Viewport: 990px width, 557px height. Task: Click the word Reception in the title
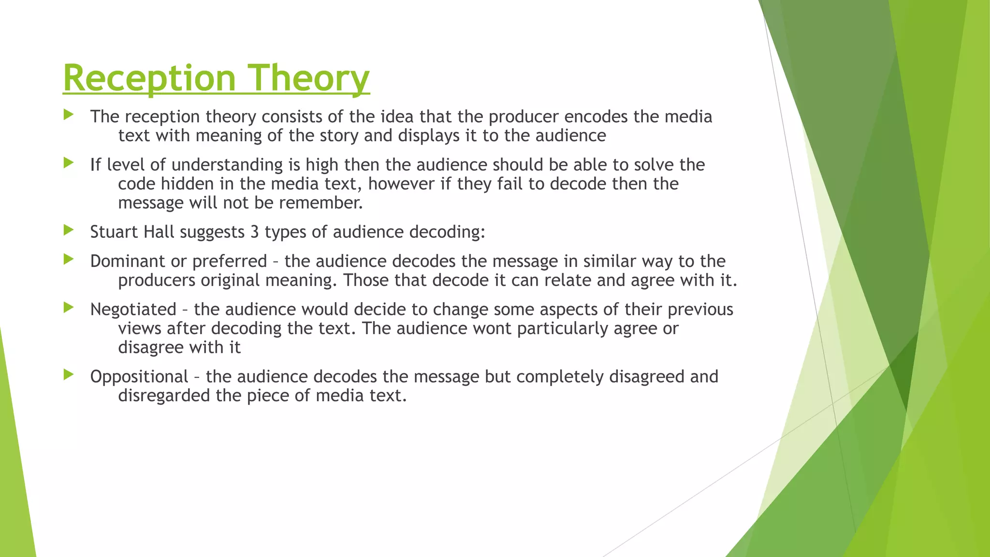click(149, 78)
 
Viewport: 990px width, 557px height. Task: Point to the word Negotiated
click(133, 309)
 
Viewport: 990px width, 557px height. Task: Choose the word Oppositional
click(139, 377)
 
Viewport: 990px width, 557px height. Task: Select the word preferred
click(230, 262)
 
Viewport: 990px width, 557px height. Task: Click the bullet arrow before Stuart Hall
click(69, 230)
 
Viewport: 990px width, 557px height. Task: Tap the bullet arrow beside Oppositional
click(69, 374)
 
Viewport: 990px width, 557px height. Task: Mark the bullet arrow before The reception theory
click(69, 115)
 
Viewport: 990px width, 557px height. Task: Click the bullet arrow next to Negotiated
click(69, 307)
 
